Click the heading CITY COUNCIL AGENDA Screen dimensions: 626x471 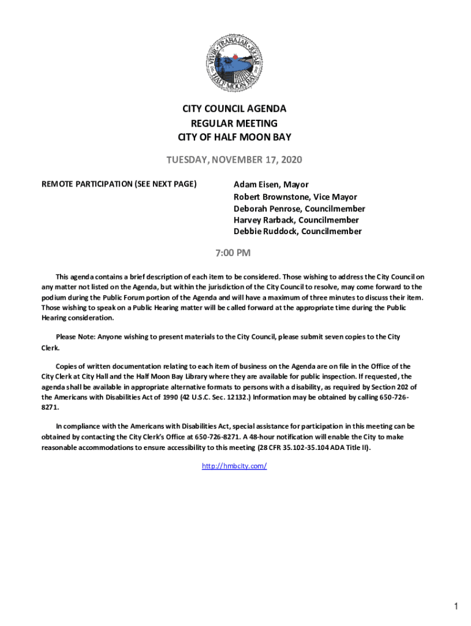point(234,109)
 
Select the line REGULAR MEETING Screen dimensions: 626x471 point(234,123)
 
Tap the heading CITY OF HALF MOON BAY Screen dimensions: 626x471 point(234,137)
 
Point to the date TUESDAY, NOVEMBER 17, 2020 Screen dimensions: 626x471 point(234,160)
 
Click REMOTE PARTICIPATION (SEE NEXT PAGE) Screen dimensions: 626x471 point(119,183)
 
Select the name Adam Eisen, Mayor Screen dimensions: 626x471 point(271,185)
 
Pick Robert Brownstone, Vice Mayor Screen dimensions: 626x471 point(295,197)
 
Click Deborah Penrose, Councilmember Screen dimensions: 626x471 point(299,208)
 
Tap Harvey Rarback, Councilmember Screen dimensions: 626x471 point(296,220)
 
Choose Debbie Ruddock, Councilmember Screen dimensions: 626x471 point(297,232)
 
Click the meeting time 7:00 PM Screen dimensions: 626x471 point(234,252)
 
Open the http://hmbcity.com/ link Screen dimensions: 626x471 point(234,466)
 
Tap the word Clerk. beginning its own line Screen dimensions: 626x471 point(51,348)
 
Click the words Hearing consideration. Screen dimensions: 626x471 point(77,318)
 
